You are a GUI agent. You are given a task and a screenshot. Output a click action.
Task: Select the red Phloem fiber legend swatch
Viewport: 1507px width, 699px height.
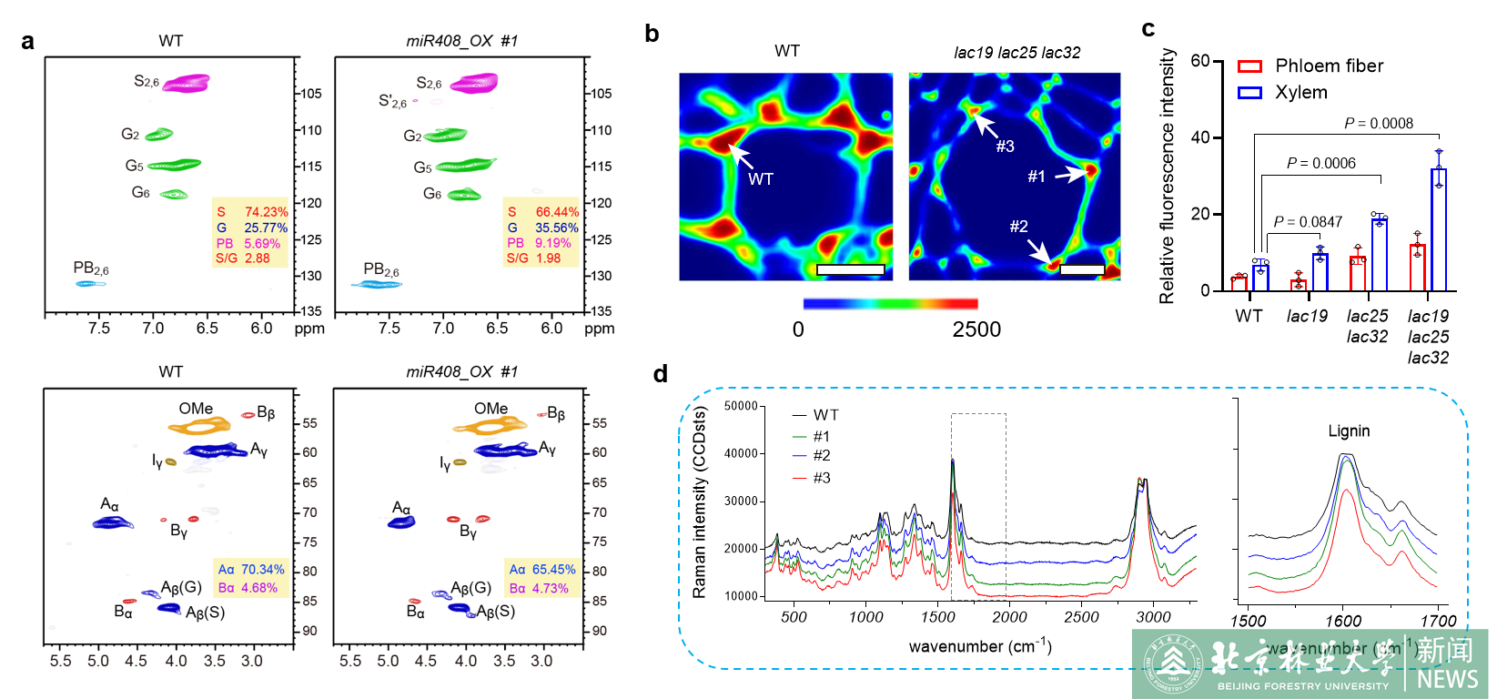coord(1250,66)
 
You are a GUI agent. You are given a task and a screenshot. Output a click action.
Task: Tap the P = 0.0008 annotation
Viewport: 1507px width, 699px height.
coord(1378,124)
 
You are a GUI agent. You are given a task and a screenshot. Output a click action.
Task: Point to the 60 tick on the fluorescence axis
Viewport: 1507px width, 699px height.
coord(1200,61)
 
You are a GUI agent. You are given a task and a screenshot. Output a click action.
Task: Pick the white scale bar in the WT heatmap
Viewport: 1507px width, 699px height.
coord(850,269)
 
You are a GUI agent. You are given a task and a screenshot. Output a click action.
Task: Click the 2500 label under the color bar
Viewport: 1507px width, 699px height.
coord(976,329)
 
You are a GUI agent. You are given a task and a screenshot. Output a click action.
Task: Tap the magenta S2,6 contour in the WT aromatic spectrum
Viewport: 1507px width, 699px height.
coord(187,84)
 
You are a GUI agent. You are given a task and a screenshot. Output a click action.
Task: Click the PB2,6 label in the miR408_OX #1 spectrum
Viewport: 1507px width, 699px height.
coord(381,269)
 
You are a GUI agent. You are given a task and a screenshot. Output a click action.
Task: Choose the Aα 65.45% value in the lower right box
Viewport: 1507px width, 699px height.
coord(542,570)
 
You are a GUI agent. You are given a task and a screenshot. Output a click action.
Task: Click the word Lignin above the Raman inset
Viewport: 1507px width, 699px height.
coord(1348,431)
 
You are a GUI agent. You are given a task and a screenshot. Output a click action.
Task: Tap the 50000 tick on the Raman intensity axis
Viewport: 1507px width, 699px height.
coord(741,406)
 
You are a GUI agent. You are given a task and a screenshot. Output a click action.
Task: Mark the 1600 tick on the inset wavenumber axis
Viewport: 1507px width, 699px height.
coord(1343,621)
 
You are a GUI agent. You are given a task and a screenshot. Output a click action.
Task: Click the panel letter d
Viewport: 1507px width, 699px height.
coord(661,374)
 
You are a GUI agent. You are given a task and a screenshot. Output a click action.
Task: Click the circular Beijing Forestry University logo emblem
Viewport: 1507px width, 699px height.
coord(1173,664)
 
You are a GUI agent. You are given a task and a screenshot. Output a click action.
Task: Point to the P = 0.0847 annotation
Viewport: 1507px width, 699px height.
coord(1308,222)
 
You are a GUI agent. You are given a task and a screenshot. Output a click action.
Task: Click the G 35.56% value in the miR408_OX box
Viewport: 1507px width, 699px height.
coord(542,228)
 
